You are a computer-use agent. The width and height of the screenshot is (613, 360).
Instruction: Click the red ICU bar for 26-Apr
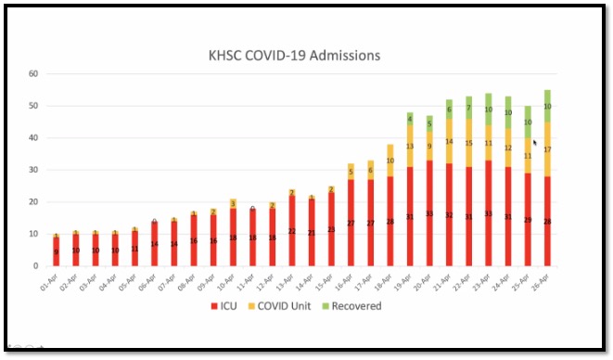click(547, 223)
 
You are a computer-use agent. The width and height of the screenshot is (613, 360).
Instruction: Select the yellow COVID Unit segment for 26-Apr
click(547, 148)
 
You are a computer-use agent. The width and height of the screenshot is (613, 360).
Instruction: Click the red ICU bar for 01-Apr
click(56, 251)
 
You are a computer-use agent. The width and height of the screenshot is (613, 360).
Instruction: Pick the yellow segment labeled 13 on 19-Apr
click(410, 147)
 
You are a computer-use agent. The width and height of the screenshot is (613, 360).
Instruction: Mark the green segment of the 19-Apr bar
click(410, 119)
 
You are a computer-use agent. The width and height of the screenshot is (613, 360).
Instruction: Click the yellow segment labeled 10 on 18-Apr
click(390, 161)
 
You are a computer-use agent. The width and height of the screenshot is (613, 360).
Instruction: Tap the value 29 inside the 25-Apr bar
click(528, 220)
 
